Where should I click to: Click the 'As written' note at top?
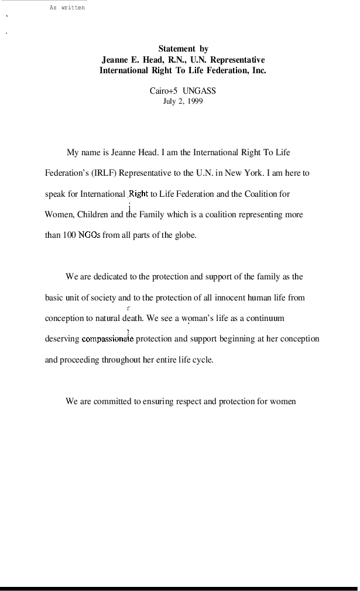tap(67, 8)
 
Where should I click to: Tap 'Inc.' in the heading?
tap(259, 70)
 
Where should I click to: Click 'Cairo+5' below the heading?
tap(163, 91)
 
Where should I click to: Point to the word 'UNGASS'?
tap(199, 91)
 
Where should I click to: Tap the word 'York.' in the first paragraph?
tap(255, 173)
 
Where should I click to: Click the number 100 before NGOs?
tap(69, 235)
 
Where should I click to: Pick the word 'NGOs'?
tap(89, 235)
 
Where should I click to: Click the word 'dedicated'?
tap(110, 276)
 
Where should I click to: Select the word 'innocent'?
tap(229, 298)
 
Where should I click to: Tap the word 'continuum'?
tap(266, 319)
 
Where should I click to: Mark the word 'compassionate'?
tap(107, 339)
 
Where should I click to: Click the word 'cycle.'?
tap(203, 360)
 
